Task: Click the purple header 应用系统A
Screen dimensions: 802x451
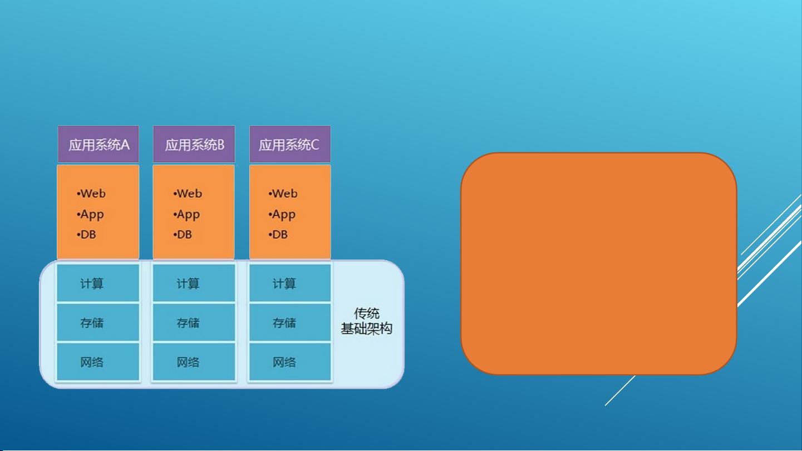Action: (x=98, y=144)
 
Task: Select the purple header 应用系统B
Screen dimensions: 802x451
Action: (x=194, y=144)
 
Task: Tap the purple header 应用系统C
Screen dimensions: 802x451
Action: (x=290, y=144)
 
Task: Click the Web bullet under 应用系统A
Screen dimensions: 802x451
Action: (x=91, y=194)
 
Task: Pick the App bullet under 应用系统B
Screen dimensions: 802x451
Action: (x=186, y=215)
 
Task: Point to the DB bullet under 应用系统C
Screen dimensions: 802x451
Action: (x=278, y=235)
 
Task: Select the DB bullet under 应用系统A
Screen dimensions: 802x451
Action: (x=86, y=235)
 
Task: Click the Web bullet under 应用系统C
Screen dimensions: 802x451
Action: (x=283, y=194)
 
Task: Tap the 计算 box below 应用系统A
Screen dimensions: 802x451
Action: (x=98, y=283)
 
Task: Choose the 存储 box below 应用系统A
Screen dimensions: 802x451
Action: (x=98, y=322)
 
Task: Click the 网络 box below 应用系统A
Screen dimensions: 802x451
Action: (x=98, y=361)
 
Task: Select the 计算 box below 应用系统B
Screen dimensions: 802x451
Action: (x=194, y=283)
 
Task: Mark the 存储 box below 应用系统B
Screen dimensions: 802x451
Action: (x=194, y=322)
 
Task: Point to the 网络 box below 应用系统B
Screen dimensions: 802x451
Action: (x=194, y=361)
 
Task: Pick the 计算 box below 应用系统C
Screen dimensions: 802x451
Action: (x=290, y=283)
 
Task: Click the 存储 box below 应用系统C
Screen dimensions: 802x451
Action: (x=290, y=322)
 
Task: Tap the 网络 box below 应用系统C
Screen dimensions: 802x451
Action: (x=290, y=361)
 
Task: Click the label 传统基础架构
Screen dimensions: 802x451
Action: (x=366, y=321)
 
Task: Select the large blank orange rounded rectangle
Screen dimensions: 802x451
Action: (x=599, y=264)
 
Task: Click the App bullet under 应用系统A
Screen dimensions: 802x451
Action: (x=90, y=215)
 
